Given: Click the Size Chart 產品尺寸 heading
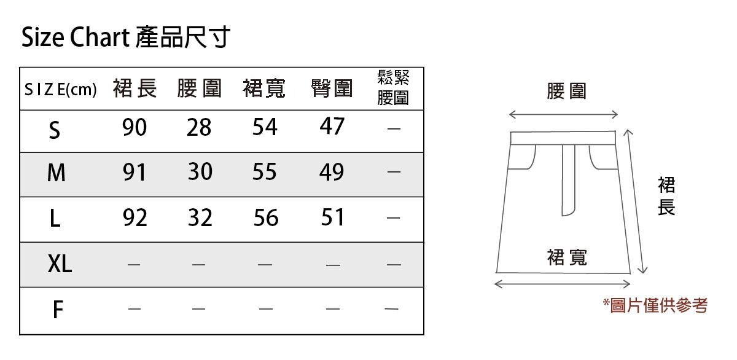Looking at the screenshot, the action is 125,38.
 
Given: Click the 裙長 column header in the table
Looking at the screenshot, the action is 135,90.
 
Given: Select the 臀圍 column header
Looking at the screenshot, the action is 332,90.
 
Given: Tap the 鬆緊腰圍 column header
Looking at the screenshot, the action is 393,88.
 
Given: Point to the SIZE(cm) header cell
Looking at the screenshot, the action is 60,90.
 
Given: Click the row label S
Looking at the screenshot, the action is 55,130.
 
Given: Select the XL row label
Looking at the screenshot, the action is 60,264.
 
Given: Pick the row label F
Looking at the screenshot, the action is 57,310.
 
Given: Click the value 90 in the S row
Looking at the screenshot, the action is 135,127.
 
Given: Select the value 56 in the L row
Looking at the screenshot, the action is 265,217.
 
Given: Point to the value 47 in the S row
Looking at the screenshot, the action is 332,127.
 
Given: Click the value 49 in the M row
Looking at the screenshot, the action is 332,173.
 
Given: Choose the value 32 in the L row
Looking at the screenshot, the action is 200,217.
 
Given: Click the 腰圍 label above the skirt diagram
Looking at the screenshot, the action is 566,92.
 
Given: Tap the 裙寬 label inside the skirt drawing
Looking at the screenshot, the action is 567,257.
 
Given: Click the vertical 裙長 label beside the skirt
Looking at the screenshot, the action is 666,196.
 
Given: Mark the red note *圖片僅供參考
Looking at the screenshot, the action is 655,305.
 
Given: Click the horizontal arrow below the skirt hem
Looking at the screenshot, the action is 563,284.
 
